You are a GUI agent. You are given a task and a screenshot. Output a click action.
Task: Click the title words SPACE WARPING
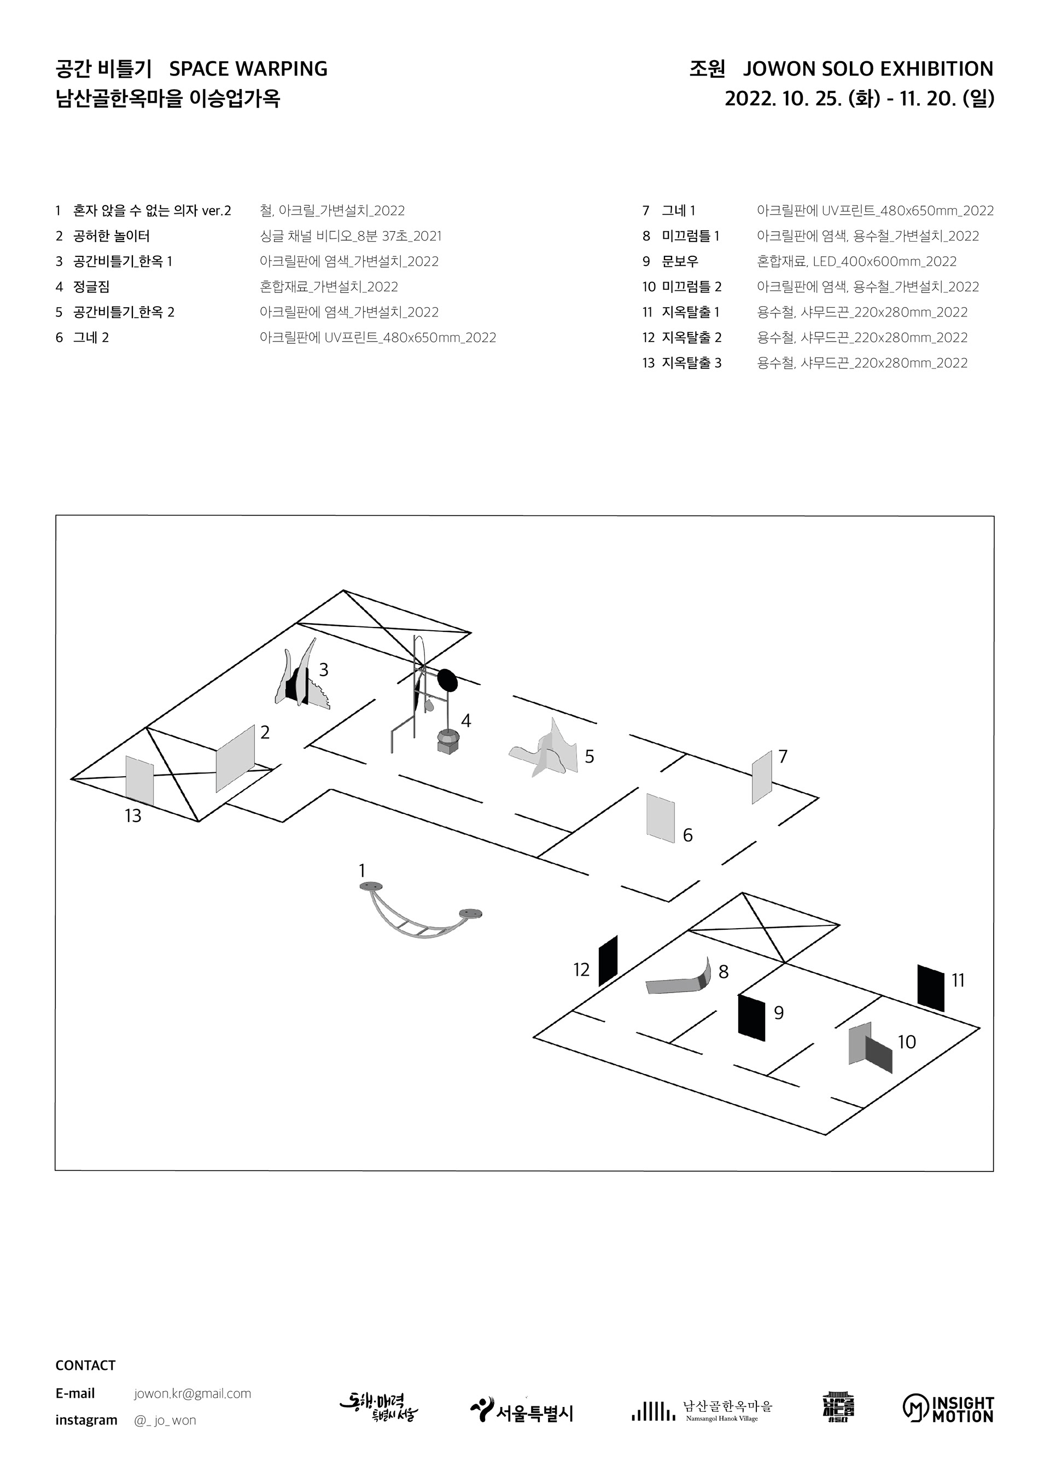[x=248, y=69]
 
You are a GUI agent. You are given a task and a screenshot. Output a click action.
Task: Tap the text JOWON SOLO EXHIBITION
[x=868, y=69]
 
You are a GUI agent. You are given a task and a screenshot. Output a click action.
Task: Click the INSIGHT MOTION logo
[x=948, y=1409]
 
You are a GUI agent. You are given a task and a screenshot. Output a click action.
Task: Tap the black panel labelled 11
[x=930, y=988]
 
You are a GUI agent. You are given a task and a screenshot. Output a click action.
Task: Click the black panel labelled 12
[x=608, y=960]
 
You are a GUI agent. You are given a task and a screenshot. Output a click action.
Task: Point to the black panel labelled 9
[x=751, y=1017]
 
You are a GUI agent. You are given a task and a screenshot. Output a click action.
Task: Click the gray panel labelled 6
[x=661, y=818]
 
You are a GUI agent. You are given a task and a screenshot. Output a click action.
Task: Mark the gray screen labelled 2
[x=235, y=758]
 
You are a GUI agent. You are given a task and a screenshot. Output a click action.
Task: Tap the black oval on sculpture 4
[x=447, y=680]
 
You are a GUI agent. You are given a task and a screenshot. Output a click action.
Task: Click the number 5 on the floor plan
[x=589, y=757]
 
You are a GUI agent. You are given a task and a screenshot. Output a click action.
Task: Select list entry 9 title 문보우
[x=680, y=262]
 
